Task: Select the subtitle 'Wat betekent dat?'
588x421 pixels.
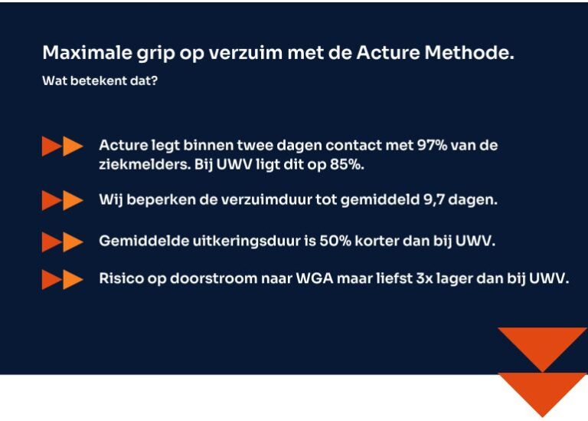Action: [100, 79]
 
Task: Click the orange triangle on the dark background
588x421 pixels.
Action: [542, 345]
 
